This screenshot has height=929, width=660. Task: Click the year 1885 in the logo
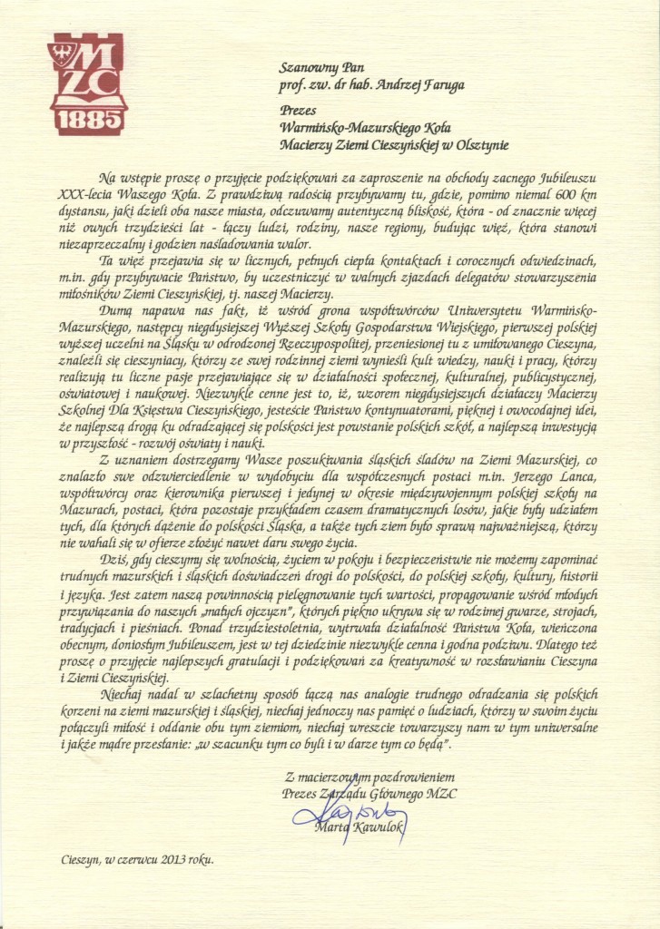[88, 120]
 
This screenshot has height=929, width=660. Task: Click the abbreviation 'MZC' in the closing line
[440, 794]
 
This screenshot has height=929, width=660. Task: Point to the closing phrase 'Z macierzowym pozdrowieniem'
[369, 777]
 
